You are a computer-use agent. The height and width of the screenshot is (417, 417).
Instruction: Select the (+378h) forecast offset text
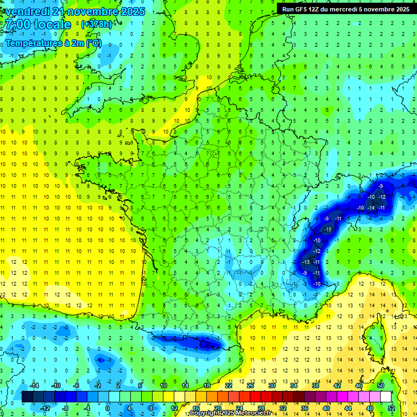[97, 24]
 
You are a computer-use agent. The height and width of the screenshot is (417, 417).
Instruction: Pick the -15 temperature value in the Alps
[327, 230]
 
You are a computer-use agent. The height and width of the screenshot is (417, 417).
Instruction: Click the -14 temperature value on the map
[371, 208]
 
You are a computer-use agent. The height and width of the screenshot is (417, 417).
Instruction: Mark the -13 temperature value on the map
[306, 262]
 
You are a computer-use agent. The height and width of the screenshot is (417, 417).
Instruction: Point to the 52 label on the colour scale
[391, 408]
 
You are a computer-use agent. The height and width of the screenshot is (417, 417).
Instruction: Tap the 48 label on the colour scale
[370, 408]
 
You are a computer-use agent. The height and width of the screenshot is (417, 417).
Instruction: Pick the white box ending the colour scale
[386, 396]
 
